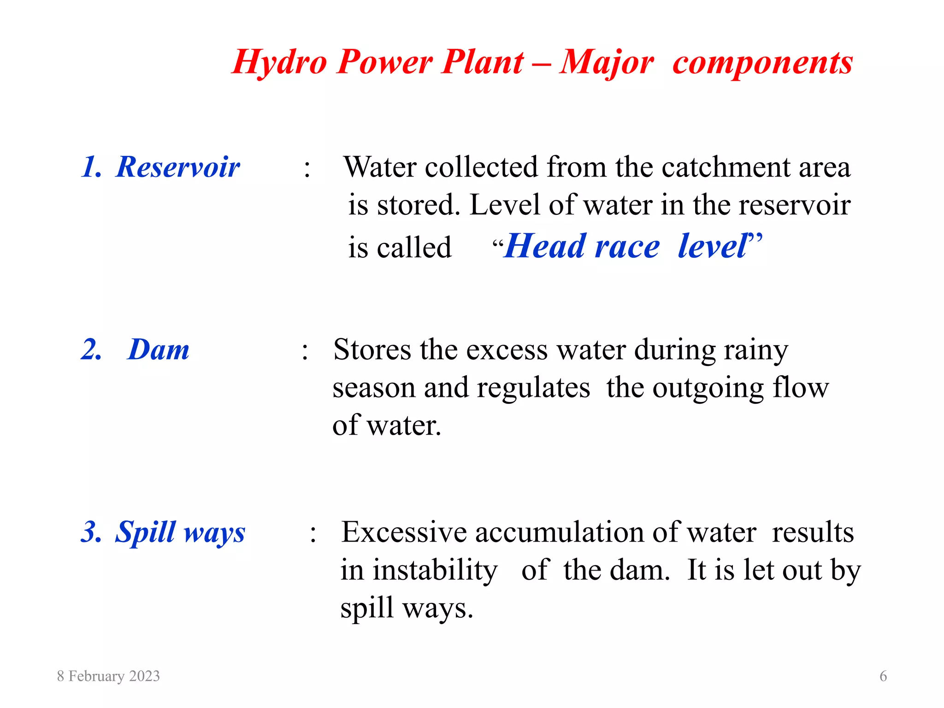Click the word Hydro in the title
[279, 62]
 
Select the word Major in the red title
[606, 62]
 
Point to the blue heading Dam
[158, 349]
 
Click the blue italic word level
[713, 246]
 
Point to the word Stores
[372, 349]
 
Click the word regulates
[533, 388]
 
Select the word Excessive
[404, 532]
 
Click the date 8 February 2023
[108, 676]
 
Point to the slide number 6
[883, 676]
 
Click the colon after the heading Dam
[305, 351]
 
